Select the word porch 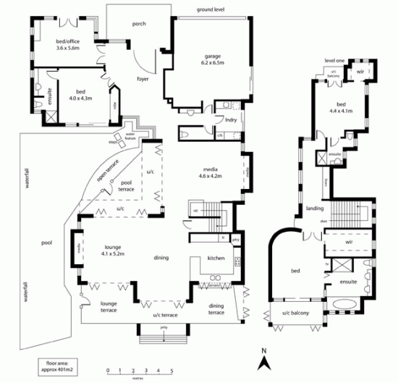[x=139, y=24]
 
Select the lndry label [x=232, y=119]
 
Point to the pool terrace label [x=127, y=185]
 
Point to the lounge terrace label [x=109, y=306]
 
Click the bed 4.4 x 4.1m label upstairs [x=341, y=108]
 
